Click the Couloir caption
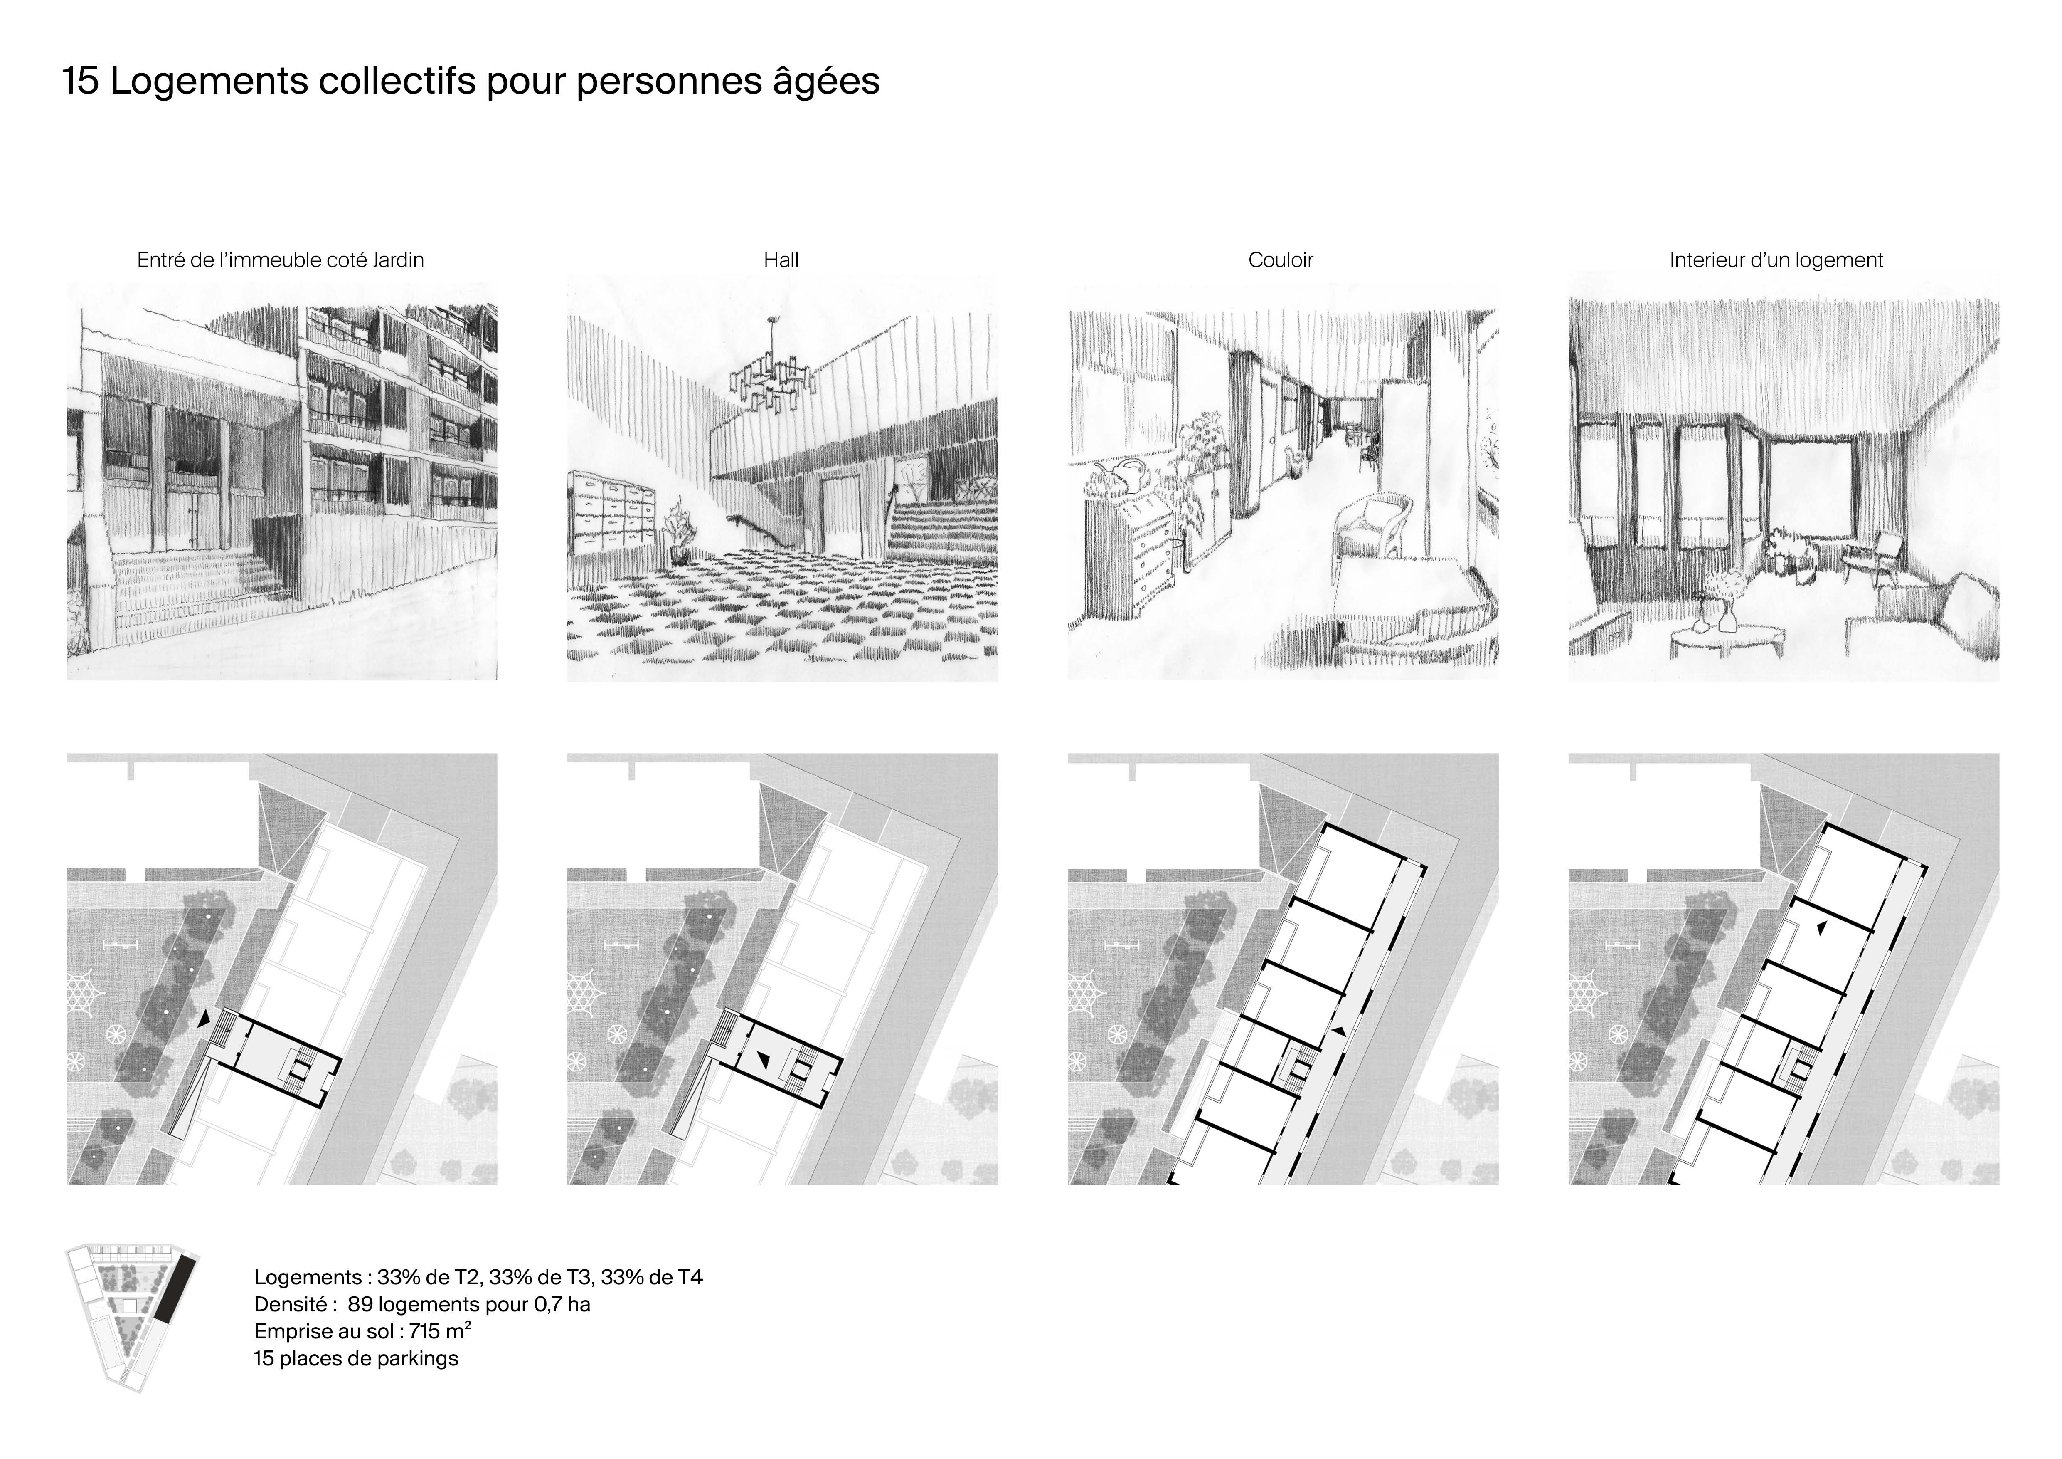1281,260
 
